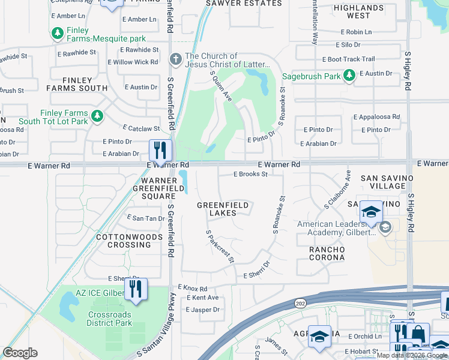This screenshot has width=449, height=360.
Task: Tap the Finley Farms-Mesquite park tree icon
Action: [x=57, y=33]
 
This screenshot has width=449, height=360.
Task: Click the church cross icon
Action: [x=176, y=59]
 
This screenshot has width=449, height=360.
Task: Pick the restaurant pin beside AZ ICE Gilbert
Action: [x=136, y=289]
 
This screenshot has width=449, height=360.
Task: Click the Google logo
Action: [x=20, y=353]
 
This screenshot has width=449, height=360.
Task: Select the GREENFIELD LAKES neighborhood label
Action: [x=223, y=209]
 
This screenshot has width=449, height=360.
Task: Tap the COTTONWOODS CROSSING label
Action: [x=129, y=241]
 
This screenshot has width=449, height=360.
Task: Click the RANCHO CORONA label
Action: [x=327, y=253]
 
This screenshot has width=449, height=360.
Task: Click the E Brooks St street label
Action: [x=250, y=175]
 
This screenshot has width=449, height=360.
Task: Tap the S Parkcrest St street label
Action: [x=219, y=246]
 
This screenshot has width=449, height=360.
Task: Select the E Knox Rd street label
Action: [x=193, y=289]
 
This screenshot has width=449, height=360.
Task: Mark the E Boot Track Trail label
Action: [x=348, y=59]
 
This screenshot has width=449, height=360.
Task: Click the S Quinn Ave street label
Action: [x=220, y=86]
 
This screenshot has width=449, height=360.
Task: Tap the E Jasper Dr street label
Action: [x=203, y=310]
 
